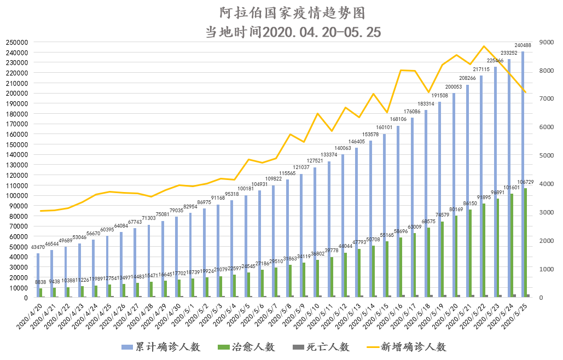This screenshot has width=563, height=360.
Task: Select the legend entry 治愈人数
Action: tap(246, 347)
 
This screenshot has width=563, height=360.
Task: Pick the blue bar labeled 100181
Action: tap(246, 246)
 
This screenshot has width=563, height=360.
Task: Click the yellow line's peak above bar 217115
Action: tap(484, 47)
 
